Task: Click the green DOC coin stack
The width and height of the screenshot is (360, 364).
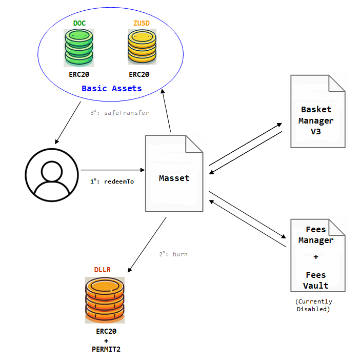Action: pos(78,48)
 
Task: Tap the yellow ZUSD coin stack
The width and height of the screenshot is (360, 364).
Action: pos(142,48)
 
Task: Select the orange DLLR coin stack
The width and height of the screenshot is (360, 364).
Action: pos(105,300)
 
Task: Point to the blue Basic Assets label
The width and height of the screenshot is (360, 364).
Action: pos(111,88)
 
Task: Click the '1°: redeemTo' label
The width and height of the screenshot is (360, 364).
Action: pos(112,181)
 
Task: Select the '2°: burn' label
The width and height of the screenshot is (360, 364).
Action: pos(173,254)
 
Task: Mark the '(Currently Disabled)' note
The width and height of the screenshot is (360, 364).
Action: pos(313,305)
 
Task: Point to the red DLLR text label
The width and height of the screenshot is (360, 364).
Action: pos(102,270)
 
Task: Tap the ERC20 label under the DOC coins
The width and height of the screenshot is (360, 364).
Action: pos(79,74)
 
